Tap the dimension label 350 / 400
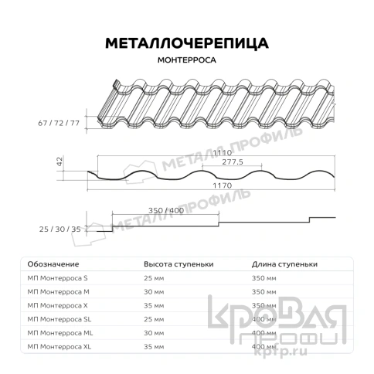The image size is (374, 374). coord(165,209)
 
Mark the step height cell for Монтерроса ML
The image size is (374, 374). coord(155,332)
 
